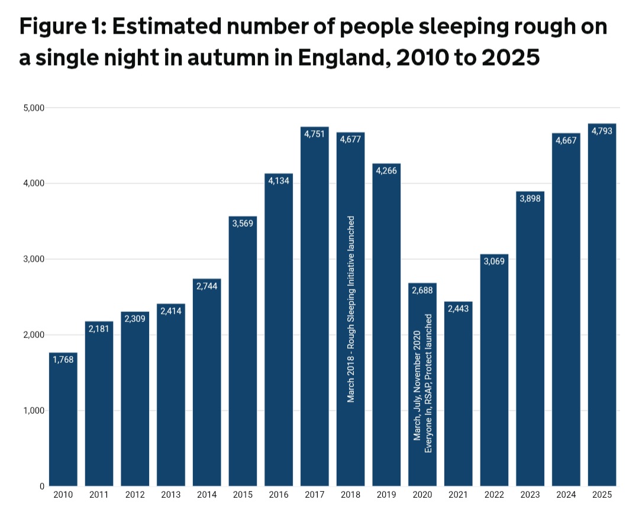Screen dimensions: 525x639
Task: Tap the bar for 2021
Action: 459,394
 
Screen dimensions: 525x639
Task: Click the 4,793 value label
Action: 602,131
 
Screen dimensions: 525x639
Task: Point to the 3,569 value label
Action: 243,224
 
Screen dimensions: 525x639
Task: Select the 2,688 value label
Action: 422,291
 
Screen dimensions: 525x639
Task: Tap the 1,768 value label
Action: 63,360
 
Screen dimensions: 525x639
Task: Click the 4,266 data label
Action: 386,171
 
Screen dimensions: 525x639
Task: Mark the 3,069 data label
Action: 494,262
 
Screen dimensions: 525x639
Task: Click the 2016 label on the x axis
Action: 279,495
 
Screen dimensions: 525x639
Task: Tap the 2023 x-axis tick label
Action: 530,495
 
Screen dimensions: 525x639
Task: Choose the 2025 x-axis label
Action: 602,495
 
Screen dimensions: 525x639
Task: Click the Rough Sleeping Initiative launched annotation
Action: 351,309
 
